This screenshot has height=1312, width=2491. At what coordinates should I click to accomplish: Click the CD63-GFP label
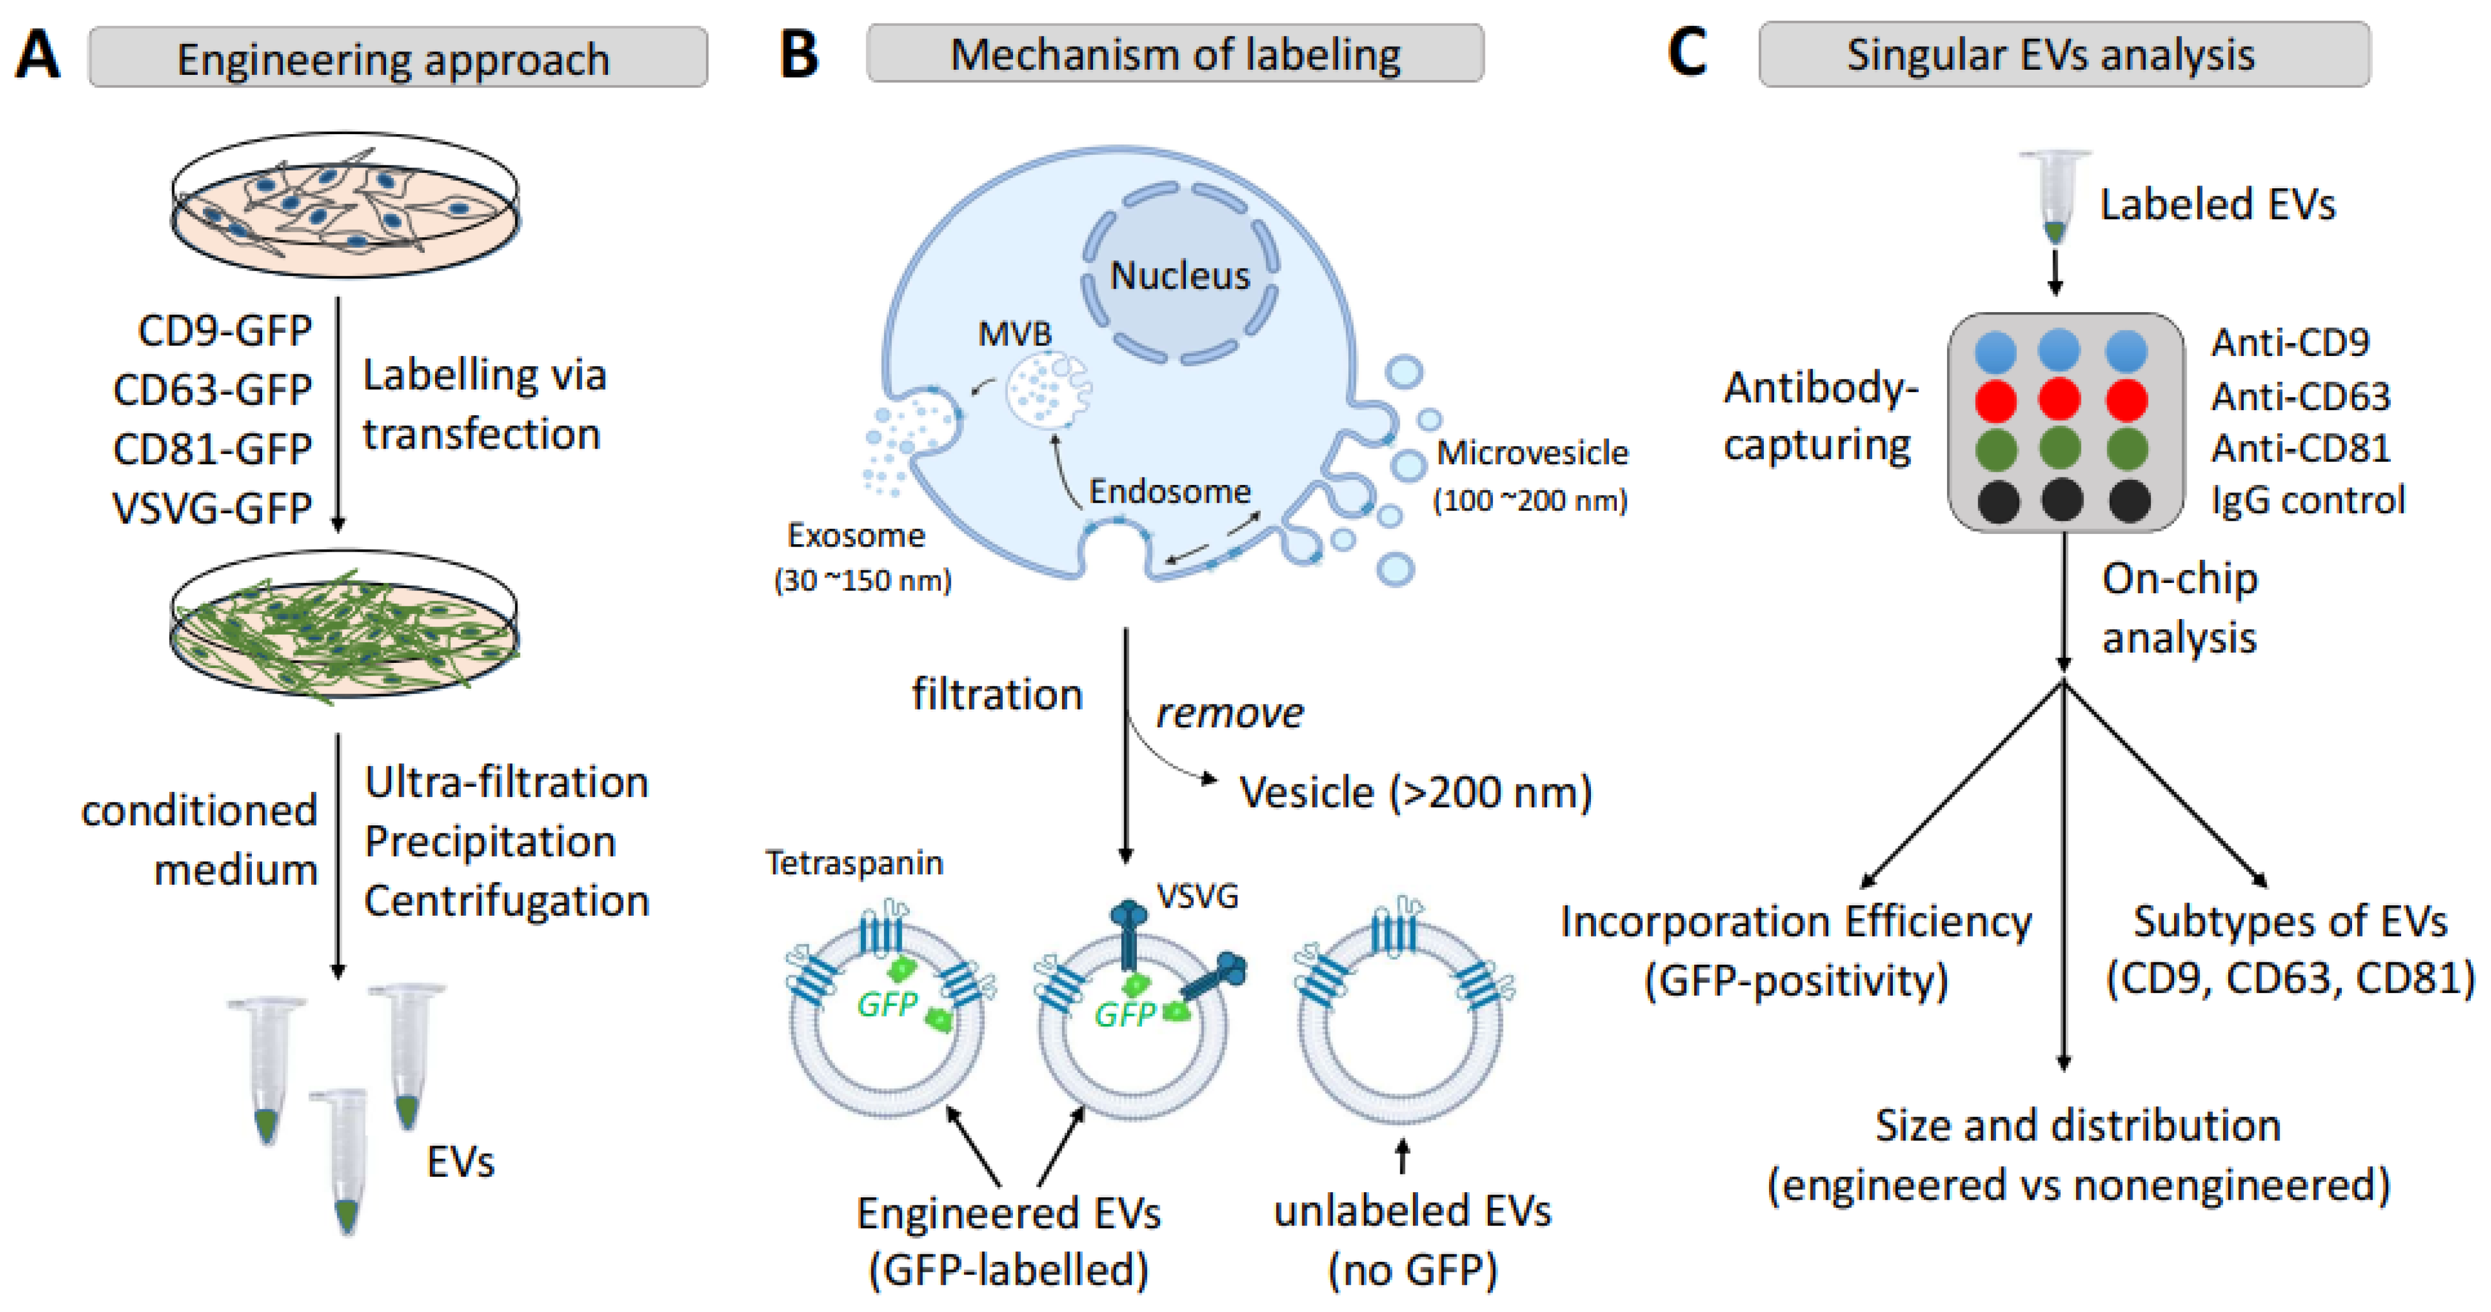pos(212,390)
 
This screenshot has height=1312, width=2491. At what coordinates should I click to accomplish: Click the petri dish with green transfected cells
pos(344,624)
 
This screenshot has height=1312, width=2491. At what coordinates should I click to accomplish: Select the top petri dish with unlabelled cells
pos(344,205)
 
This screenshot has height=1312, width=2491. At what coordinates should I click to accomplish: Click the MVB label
pos(1014,335)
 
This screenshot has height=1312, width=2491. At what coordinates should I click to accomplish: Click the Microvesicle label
pos(1532,453)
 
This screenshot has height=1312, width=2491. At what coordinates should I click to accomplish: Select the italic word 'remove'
pos(1229,714)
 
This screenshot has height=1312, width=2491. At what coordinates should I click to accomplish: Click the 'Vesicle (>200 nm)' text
pos(1415,793)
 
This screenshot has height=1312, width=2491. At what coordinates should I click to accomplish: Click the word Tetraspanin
pos(854,862)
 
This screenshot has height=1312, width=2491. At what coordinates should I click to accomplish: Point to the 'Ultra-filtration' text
pos(506,782)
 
